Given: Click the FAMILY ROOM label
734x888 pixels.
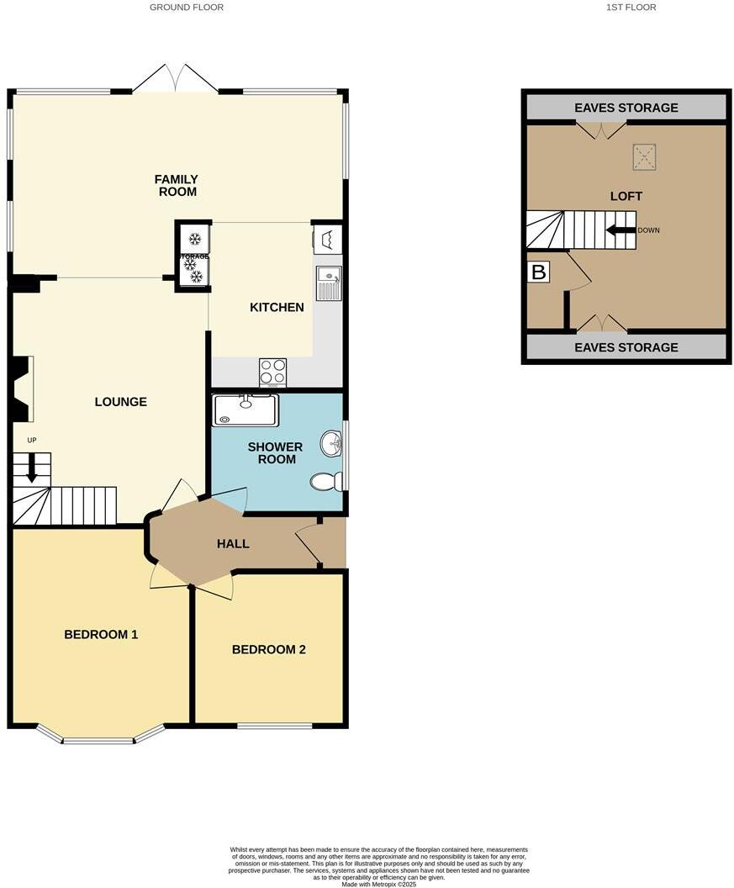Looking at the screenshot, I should (x=176, y=185).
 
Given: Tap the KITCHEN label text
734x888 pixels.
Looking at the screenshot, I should (x=277, y=307).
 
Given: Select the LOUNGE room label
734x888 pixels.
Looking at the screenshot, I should (x=120, y=402).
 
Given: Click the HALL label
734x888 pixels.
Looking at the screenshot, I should (x=233, y=543).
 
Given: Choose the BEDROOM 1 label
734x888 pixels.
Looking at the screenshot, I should (x=101, y=634).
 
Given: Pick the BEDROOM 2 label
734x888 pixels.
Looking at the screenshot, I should (x=268, y=649).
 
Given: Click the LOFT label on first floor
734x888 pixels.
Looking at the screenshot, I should (x=626, y=196).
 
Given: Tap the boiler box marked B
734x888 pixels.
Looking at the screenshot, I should (x=538, y=272).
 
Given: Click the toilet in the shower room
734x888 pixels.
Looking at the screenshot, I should (x=325, y=481).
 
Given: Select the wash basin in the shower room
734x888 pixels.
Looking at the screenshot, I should (x=331, y=444).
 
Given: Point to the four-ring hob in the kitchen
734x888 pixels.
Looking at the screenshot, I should (x=272, y=371).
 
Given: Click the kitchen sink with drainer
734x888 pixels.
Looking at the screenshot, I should (x=328, y=283).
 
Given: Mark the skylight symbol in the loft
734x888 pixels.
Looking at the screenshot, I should (x=645, y=156).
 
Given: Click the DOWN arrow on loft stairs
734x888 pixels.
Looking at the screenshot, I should (x=620, y=230).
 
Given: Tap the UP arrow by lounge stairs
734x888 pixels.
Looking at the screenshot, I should (x=32, y=468).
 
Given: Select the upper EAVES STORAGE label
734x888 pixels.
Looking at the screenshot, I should (x=626, y=108).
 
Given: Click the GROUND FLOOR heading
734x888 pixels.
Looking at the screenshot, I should (x=187, y=8).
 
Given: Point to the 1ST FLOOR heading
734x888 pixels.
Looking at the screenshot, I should (x=631, y=8).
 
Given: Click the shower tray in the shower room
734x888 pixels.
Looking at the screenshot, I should (x=245, y=410).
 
